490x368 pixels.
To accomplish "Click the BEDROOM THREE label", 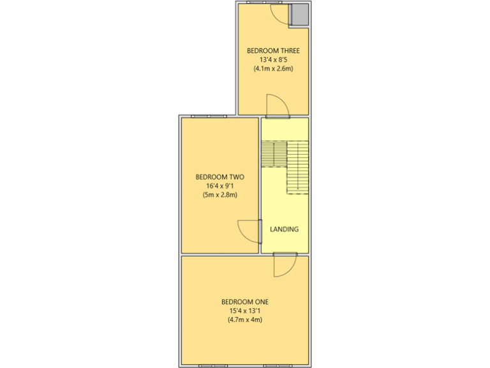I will tap(273, 50).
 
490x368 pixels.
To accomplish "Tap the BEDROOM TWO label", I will tap(220, 177).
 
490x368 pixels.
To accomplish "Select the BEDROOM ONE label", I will tap(245, 302).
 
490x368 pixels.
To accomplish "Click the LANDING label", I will tap(284, 229).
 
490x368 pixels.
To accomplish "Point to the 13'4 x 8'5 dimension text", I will tap(273, 59).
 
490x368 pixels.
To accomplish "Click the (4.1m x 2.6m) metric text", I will tap(273, 68).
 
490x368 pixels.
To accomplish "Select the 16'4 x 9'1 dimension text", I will tap(220, 186).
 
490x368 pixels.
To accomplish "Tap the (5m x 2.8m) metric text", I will tap(220, 195).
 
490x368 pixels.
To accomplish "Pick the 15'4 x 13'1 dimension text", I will tap(245, 311).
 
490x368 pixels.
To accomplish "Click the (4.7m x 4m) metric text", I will tap(245, 320).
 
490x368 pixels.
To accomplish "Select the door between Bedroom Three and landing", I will tap(276, 107).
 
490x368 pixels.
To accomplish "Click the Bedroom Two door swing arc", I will tap(249, 230).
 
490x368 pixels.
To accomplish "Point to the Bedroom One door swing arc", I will tap(285, 265).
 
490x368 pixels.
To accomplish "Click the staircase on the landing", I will tap(285, 165).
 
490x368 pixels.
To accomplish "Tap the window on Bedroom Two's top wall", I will tap(209, 116).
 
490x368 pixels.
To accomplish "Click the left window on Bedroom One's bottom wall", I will tap(213, 365).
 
